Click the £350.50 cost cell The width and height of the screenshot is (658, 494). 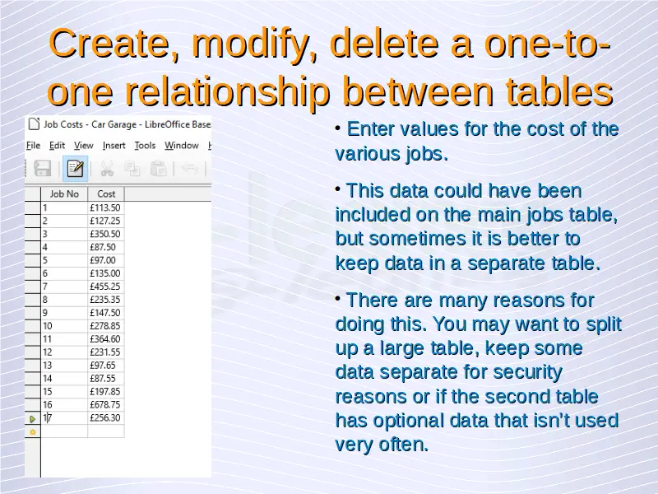[106, 234]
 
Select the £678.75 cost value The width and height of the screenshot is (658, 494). [106, 404]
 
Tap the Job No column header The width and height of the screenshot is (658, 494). [64, 194]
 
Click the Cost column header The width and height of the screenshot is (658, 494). [106, 194]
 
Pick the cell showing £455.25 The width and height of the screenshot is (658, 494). [106, 287]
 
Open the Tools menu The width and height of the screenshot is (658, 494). [145, 146]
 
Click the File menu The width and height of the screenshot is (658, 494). [33, 146]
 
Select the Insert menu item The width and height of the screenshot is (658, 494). [114, 146]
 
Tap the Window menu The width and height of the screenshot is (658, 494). [181, 146]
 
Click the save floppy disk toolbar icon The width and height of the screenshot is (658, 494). [43, 169]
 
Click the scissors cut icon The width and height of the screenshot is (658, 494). [107, 169]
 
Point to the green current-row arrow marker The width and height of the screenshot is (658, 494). [32, 419]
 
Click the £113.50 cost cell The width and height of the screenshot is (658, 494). [106, 208]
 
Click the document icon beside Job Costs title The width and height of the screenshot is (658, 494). [34, 124]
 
